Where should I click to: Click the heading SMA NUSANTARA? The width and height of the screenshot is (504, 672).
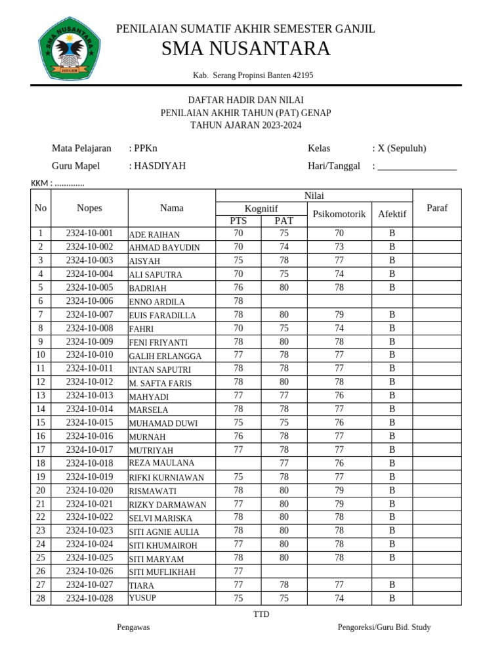click(x=245, y=49)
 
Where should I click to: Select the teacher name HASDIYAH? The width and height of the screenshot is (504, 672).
click(x=159, y=166)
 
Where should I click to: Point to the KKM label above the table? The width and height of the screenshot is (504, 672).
click(x=58, y=183)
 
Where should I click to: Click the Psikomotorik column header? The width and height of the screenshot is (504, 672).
click(x=339, y=214)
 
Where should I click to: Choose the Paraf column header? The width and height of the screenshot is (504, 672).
click(x=436, y=207)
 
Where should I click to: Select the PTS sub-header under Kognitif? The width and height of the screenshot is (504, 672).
click(x=238, y=220)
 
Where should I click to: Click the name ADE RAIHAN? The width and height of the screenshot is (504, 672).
click(x=154, y=234)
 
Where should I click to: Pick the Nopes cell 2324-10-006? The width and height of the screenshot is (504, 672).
click(x=89, y=301)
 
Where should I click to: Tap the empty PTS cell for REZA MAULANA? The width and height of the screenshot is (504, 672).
click(x=238, y=463)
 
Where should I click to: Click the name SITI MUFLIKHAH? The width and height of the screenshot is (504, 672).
click(x=162, y=572)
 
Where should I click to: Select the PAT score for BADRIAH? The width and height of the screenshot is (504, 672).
click(x=283, y=287)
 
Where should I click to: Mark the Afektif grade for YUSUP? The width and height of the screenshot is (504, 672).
click(x=392, y=598)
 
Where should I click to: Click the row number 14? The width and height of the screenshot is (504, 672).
click(x=40, y=409)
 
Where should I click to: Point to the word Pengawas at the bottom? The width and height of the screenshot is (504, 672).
click(x=133, y=627)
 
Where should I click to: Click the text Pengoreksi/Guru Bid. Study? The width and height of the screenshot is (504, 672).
click(x=384, y=627)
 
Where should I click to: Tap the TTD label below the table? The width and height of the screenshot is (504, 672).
click(x=261, y=614)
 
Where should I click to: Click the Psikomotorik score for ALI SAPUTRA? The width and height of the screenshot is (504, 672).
click(x=339, y=274)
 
